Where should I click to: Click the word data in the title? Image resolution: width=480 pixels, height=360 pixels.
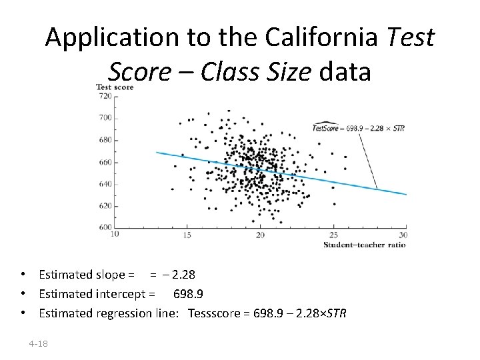(345, 71)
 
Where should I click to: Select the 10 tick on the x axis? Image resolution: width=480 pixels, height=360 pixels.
(115, 234)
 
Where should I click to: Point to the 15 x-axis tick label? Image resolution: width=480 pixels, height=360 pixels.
(187, 235)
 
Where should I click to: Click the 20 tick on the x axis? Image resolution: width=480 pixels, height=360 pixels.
(260, 235)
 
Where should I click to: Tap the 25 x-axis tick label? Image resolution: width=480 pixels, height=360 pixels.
(333, 235)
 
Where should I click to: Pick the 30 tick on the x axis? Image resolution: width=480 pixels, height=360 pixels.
(403, 235)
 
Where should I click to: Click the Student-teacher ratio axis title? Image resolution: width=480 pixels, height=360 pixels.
(365, 245)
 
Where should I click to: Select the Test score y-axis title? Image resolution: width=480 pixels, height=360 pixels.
(115, 87)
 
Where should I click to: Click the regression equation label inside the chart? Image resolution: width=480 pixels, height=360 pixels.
(359, 128)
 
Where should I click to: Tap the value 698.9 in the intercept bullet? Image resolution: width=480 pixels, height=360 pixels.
(188, 294)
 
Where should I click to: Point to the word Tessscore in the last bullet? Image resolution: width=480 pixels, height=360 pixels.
(213, 313)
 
